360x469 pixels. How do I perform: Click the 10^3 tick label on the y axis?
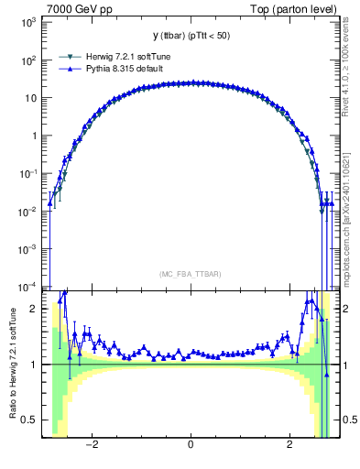tap(27, 22)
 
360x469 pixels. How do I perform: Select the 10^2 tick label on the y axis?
tap(27, 60)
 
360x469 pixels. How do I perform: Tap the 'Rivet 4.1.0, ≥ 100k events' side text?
tap(351, 73)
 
